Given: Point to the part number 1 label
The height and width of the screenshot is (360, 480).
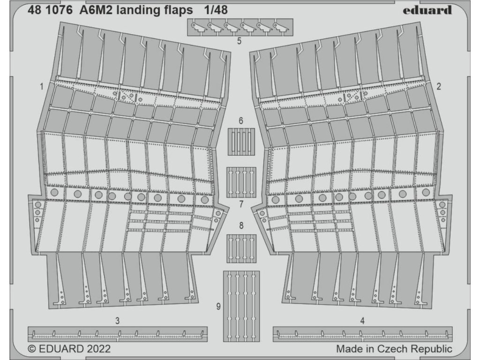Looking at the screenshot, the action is (42, 86).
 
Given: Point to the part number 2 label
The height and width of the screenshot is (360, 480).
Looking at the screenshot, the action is (438, 86).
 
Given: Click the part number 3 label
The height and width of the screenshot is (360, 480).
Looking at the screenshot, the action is (117, 321).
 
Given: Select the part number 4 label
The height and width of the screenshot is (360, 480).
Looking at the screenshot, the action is (362, 321).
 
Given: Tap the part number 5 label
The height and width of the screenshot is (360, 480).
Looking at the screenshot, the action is (239, 41).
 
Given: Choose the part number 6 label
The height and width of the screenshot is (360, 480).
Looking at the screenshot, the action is (241, 121).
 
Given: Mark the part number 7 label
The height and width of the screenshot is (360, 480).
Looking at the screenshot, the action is (241, 204).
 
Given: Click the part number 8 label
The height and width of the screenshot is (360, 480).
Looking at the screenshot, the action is (241, 226).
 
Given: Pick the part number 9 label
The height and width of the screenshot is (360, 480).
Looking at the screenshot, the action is (218, 307).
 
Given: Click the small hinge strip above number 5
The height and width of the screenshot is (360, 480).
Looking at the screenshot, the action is (240, 27).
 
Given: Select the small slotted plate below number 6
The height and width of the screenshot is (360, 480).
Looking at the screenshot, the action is (241, 142).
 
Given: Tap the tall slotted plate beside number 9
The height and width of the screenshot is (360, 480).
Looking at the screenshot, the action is (241, 307).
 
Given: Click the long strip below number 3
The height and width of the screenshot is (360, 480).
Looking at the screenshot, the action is (117, 334).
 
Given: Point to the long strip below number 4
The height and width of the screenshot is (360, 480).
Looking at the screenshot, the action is (362, 334).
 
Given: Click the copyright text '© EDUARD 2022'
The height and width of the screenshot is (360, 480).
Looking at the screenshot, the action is (69, 349).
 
